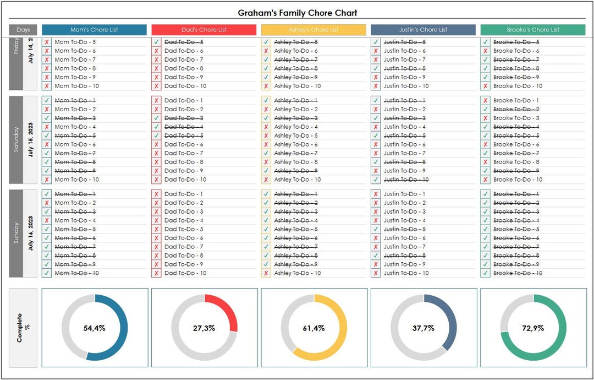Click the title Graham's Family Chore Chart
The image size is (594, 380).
[x=297, y=13]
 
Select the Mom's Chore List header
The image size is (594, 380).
[x=94, y=30]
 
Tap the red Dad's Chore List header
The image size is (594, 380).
[x=204, y=30]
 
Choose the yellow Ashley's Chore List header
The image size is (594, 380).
[x=313, y=30]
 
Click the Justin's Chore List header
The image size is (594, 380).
[x=423, y=30]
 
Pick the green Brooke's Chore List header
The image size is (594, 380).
[x=532, y=30]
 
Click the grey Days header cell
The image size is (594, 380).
[x=23, y=30]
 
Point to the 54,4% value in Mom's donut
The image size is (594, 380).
[x=95, y=328]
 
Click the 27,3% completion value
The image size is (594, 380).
[x=204, y=328]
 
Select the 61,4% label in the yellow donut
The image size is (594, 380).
[x=313, y=328]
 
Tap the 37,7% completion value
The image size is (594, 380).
[x=424, y=328]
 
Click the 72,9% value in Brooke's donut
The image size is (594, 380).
[x=533, y=328]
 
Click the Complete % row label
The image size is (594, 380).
[x=23, y=328]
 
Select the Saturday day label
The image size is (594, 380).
[x=16, y=140]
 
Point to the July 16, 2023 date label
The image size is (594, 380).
[x=31, y=234]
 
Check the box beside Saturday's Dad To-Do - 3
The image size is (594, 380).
[x=156, y=118]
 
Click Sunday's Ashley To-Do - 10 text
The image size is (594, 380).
[x=297, y=273]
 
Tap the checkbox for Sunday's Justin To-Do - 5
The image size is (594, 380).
[x=376, y=229]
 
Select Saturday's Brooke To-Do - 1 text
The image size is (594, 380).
[x=516, y=100]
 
